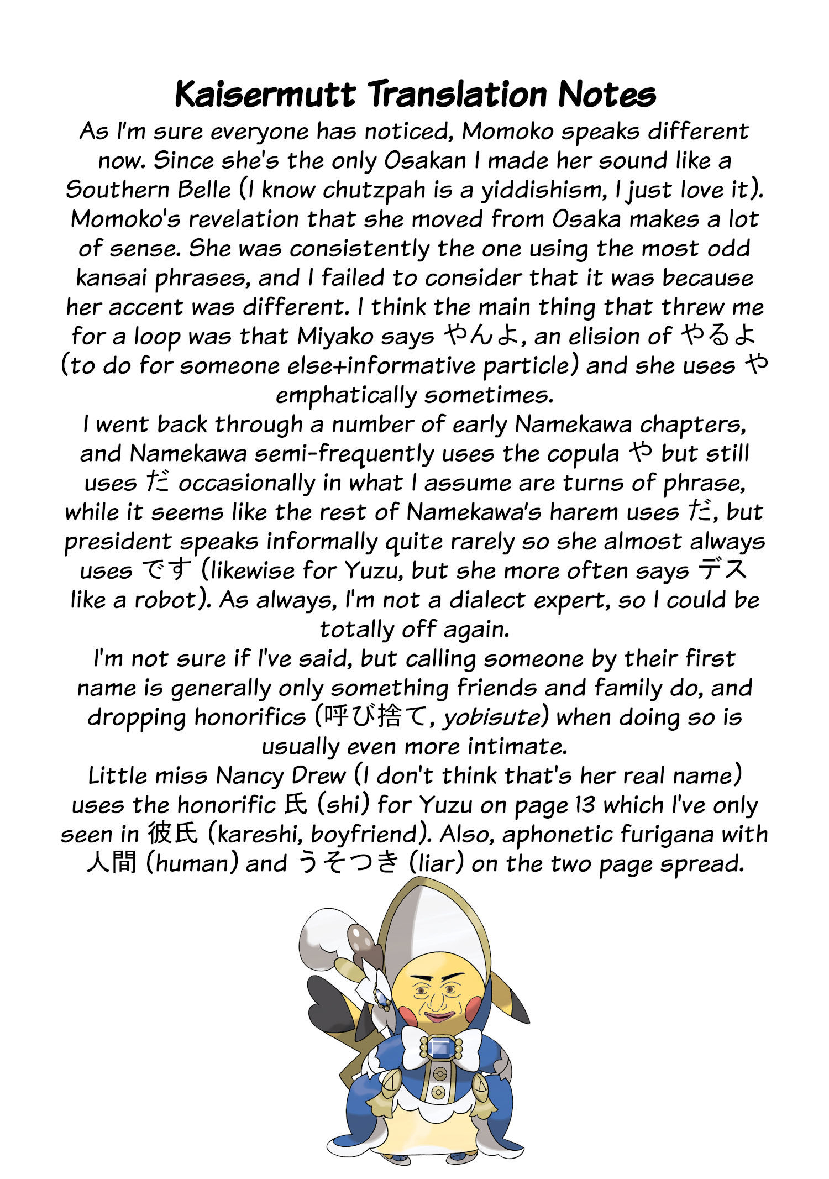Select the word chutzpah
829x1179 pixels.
point(374,190)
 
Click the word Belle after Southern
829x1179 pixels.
point(204,190)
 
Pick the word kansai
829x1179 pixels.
point(111,278)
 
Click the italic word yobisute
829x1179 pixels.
point(492,717)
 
